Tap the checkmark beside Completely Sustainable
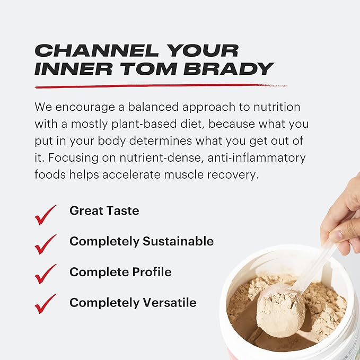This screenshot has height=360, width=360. [x=46, y=244]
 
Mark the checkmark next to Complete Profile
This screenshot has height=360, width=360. [x=46, y=275]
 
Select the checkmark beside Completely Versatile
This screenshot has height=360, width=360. [x=46, y=304]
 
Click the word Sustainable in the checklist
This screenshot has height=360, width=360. [x=178, y=242]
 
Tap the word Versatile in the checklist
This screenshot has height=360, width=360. [x=169, y=303]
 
